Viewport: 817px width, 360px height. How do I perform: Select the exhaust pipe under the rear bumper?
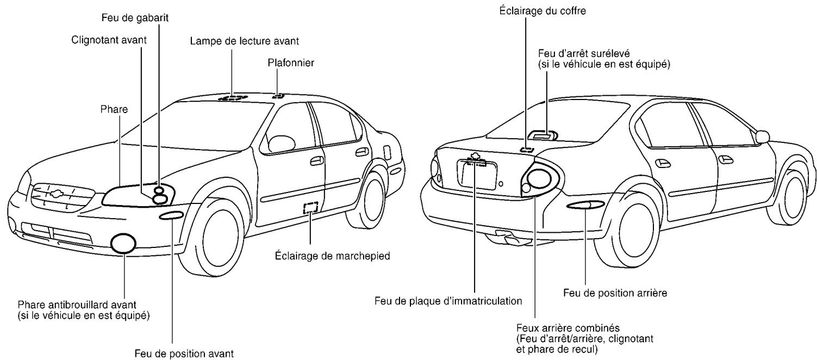508,238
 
